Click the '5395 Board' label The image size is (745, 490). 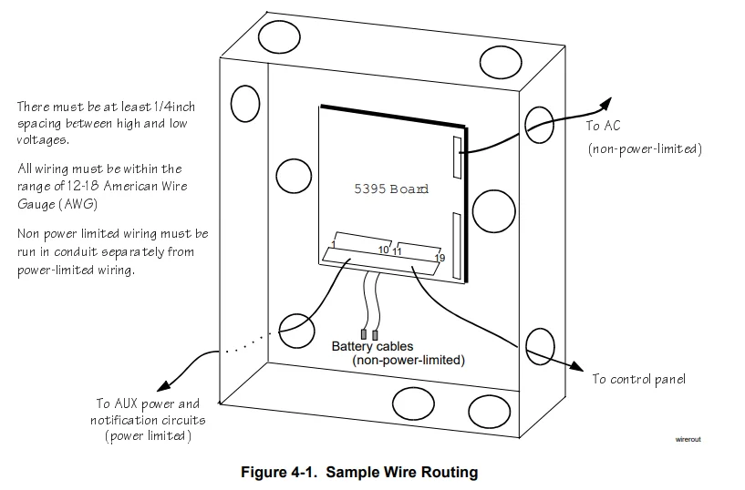tap(390, 189)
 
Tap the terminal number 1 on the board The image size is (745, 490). tap(335, 245)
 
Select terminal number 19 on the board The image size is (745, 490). tap(440, 259)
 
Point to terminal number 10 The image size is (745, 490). tap(383, 250)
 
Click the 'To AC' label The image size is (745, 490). tap(603, 126)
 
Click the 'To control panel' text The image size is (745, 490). tap(638, 379)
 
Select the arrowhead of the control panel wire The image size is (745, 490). tap(580, 367)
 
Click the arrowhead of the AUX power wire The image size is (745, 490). tap(161, 386)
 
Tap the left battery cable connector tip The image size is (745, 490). tap(364, 335)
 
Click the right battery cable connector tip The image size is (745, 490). tap(375, 335)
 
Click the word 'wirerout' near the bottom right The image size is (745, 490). tap(688, 438)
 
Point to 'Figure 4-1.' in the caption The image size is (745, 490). tap(277, 473)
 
